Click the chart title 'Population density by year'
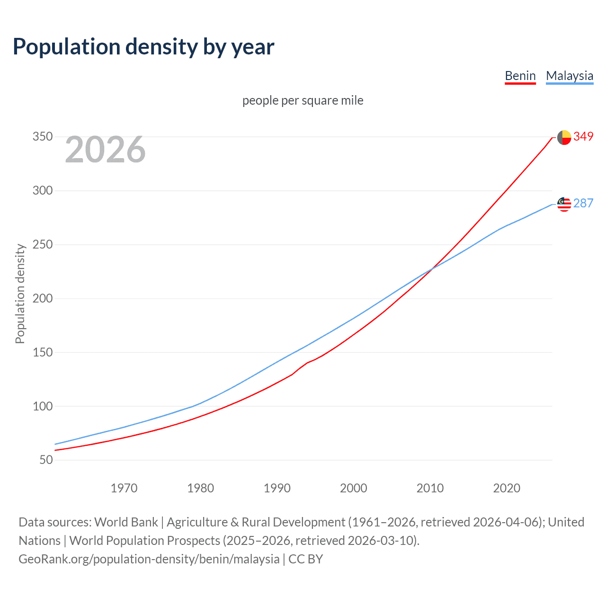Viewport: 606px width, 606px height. pyautogui.click(x=143, y=47)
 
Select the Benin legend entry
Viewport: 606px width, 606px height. pyautogui.click(x=520, y=76)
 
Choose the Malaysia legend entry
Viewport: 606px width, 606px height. pyautogui.click(x=569, y=76)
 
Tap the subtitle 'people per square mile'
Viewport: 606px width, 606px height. pyautogui.click(x=303, y=100)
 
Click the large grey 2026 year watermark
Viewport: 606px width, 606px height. pyautogui.click(x=105, y=150)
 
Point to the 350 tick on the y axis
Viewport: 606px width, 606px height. pyautogui.click(x=42, y=137)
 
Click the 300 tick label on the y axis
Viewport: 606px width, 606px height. pyautogui.click(x=42, y=191)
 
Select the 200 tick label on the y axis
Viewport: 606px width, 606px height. pyautogui.click(x=42, y=299)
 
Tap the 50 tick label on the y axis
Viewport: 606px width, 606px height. pyautogui.click(x=45, y=460)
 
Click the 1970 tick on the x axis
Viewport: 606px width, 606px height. pyautogui.click(x=124, y=488)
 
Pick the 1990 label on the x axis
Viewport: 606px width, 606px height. pyautogui.click(x=277, y=488)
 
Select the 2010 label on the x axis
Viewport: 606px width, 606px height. pyautogui.click(x=430, y=488)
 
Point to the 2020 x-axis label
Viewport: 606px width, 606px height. pyautogui.click(x=507, y=488)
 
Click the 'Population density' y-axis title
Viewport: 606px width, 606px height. pyautogui.click(x=20, y=294)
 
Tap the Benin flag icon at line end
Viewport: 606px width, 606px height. pyautogui.click(x=564, y=137)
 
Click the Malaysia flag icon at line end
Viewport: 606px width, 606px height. pyautogui.click(x=564, y=204)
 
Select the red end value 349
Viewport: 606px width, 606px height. pyautogui.click(x=583, y=137)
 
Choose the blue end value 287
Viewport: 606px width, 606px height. pyautogui.click(x=583, y=204)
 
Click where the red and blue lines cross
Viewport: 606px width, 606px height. pyautogui.click(x=431, y=269)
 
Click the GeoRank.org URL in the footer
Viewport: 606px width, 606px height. pyautogui.click(x=149, y=559)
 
